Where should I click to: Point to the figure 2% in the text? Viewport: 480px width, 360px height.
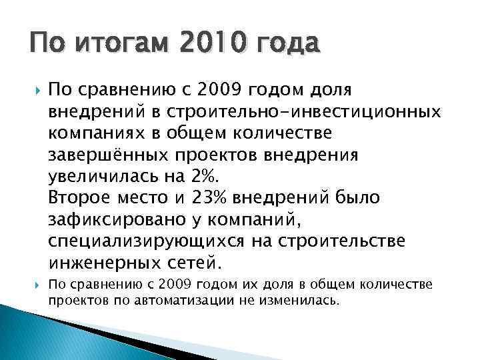point(203,177)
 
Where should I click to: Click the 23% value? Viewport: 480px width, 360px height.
point(210,197)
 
